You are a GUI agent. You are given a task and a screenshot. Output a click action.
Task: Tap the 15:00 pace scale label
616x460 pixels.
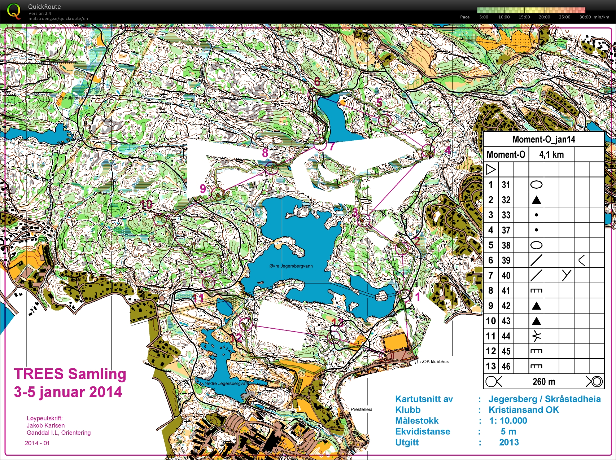524,17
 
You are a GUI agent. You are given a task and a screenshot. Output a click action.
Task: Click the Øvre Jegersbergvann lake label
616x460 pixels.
291,266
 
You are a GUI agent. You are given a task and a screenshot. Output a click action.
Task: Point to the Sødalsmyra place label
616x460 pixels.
71,98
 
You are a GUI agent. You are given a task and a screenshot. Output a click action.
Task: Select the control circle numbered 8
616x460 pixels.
271,168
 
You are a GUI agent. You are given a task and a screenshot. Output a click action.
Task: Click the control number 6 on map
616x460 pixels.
317,82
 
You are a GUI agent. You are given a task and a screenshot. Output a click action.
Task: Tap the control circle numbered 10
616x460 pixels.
160,219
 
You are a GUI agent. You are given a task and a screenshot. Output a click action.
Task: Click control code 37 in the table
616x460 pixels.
506,230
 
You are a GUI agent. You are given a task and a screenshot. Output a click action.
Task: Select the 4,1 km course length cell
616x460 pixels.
551,155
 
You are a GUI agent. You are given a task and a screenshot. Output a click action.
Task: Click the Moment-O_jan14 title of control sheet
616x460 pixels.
543,139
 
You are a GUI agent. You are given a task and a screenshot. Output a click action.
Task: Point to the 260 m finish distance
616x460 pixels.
543,382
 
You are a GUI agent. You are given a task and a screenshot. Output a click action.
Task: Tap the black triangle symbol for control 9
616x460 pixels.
536,306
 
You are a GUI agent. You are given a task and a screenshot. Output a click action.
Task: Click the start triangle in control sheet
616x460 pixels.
491,169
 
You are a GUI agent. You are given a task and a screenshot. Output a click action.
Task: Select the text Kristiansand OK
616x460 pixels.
523,410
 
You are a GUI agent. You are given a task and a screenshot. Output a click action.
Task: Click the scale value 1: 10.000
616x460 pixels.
508,421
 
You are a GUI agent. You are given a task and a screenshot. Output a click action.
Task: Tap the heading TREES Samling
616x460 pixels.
70,374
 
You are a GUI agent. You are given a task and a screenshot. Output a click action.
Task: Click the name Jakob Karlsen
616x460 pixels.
45,425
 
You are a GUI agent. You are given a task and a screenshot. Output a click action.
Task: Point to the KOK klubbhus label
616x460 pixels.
435,362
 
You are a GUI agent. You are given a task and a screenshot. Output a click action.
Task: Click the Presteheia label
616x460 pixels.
361,409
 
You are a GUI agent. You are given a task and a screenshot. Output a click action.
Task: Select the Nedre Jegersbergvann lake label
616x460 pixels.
226,383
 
